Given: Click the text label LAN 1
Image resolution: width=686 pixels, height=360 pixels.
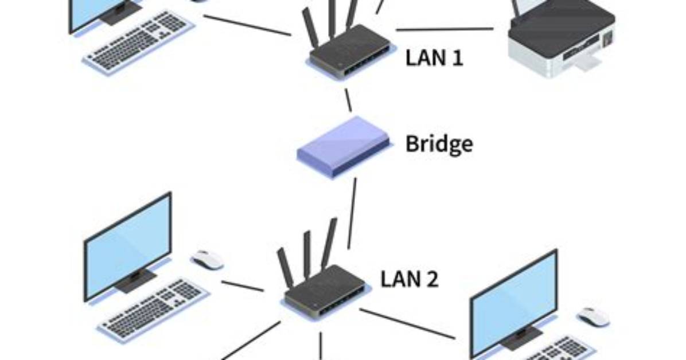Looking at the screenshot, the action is click(434, 58).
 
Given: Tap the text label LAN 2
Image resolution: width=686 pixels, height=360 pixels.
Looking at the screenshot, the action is click(409, 279).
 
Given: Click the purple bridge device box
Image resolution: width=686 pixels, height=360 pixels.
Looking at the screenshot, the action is click(343, 147).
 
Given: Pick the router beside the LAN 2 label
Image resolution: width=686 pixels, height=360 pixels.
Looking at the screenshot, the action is click(323, 280).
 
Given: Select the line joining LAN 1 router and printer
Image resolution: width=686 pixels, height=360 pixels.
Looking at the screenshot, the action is click(445, 30).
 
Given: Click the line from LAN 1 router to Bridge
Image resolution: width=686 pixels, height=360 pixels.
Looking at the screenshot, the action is click(348, 100).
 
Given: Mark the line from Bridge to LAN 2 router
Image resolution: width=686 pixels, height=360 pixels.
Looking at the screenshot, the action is click(352, 213).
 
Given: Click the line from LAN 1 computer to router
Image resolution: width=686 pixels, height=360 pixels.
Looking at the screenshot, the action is click(247, 25).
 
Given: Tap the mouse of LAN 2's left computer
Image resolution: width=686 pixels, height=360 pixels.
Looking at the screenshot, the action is click(208, 260).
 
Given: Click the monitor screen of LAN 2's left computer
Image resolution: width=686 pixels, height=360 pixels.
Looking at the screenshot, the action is click(128, 246).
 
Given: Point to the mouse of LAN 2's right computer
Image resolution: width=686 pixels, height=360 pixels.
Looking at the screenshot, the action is click(594, 316).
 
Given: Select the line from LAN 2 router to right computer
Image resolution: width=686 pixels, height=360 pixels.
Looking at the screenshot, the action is click(407, 324).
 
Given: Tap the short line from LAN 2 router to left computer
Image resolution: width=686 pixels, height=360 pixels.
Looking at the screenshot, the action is click(243, 286).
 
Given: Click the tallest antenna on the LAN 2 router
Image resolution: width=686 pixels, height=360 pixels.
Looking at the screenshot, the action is click(329, 243).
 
